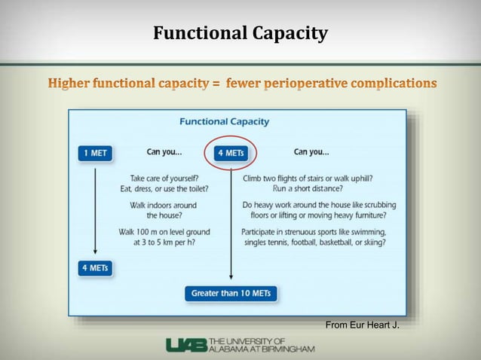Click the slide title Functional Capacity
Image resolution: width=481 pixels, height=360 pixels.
[x=240, y=33]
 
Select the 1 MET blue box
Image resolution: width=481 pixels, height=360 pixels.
[x=95, y=153]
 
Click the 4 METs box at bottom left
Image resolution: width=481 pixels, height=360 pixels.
[x=95, y=267]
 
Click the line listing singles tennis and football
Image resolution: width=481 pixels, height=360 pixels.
[x=314, y=243]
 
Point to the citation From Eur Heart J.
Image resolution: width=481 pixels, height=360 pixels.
[x=362, y=325]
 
